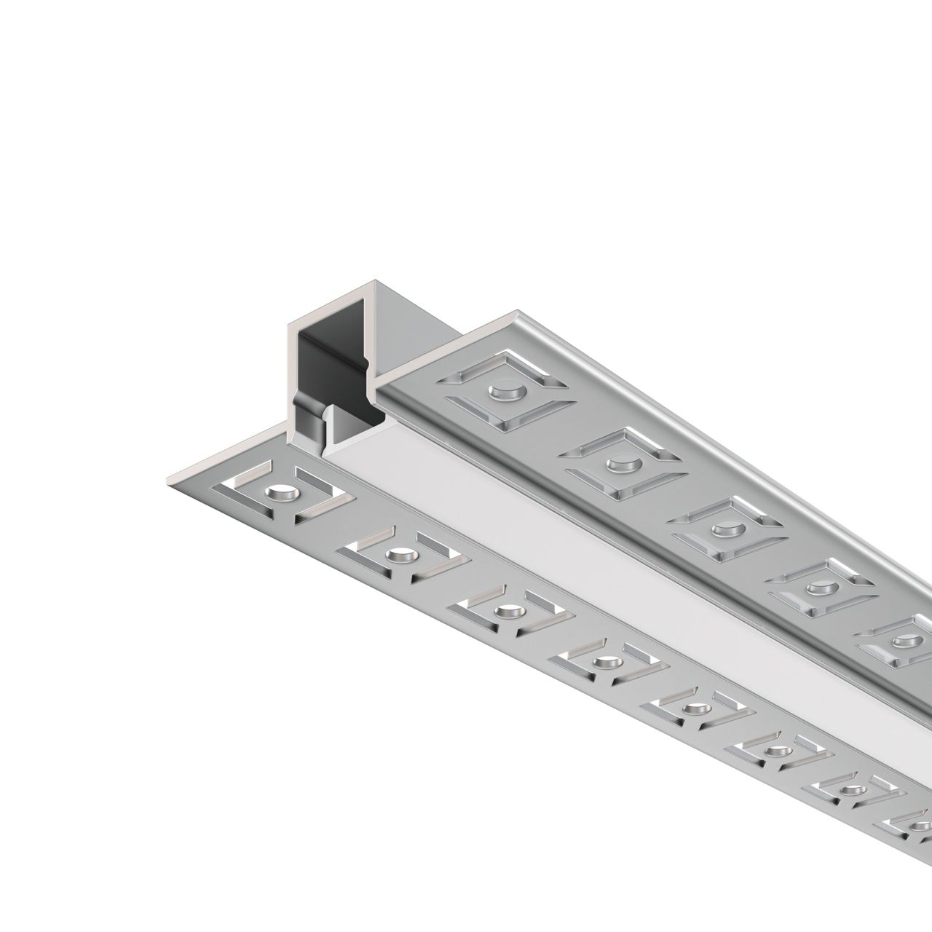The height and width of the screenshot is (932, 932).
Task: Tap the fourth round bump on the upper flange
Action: click(x=815, y=586)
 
